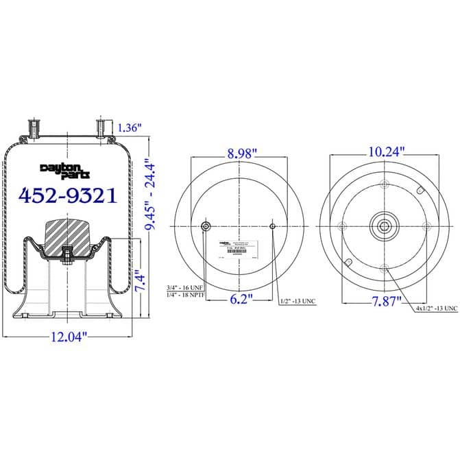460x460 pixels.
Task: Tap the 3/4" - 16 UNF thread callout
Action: (186, 287)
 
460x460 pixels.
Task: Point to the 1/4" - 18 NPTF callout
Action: (186, 295)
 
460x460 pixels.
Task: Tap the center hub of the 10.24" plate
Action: (383, 226)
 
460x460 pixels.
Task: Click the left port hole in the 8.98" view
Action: (205, 227)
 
